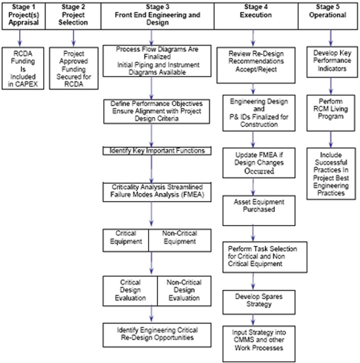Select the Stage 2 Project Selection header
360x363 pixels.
[73, 15]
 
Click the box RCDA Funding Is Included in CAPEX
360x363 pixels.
[23, 68]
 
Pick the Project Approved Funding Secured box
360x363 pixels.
[73, 68]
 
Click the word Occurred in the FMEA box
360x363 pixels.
[260, 171]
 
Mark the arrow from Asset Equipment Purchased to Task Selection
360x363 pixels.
[253, 234]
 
